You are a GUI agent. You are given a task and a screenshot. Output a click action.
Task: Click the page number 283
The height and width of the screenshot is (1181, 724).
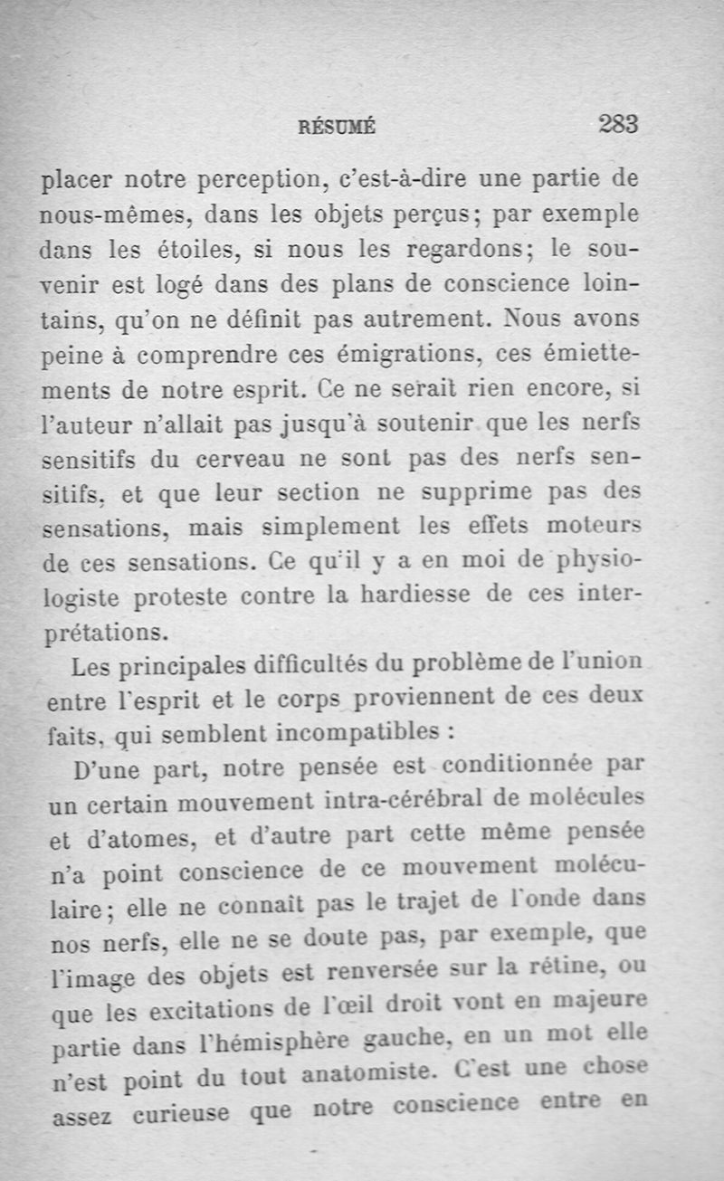coord(618,124)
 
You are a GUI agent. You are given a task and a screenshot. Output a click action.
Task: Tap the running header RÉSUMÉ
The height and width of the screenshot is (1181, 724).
coord(337,128)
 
